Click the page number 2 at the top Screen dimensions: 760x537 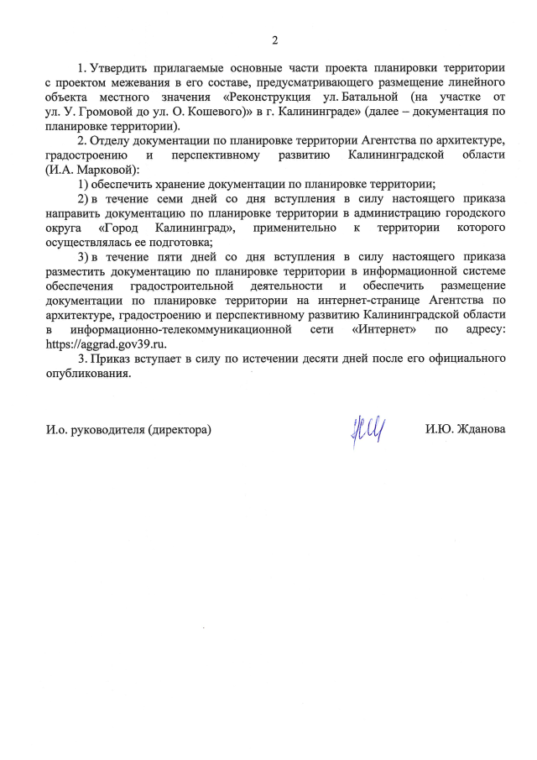click(x=274, y=39)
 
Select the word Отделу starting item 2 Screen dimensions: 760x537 click(x=111, y=141)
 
